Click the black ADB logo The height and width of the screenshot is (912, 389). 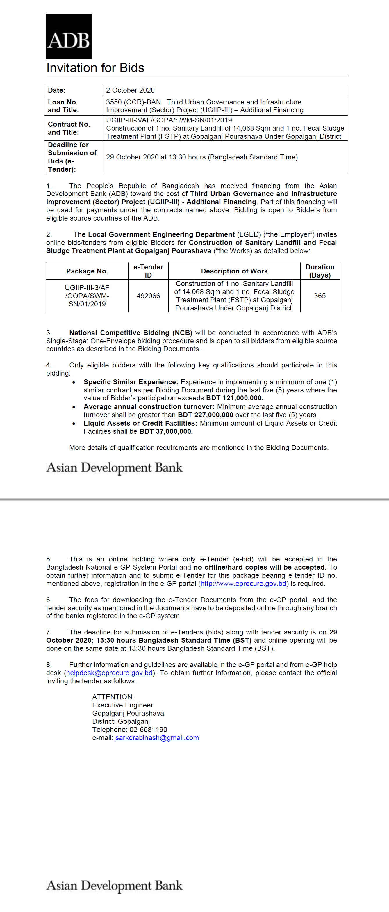click(x=69, y=36)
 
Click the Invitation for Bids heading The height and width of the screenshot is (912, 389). click(x=95, y=68)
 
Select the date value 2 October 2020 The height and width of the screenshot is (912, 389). click(x=130, y=90)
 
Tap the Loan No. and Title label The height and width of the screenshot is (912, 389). click(x=63, y=106)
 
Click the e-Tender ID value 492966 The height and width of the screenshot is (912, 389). click(x=148, y=296)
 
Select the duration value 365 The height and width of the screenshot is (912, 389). click(x=320, y=296)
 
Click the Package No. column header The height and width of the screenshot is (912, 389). click(x=87, y=271)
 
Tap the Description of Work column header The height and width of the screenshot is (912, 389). click(x=234, y=271)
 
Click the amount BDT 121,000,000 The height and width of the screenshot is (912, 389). click(x=235, y=398)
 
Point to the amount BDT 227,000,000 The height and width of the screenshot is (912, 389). click(x=205, y=415)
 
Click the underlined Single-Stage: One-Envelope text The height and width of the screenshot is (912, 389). click(x=91, y=341)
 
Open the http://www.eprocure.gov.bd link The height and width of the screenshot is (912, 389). click(x=244, y=584)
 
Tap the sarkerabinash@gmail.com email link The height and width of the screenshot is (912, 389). click(x=157, y=738)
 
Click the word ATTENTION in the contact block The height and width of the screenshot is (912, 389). click(x=113, y=697)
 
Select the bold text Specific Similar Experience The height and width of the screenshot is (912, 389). click(x=131, y=382)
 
